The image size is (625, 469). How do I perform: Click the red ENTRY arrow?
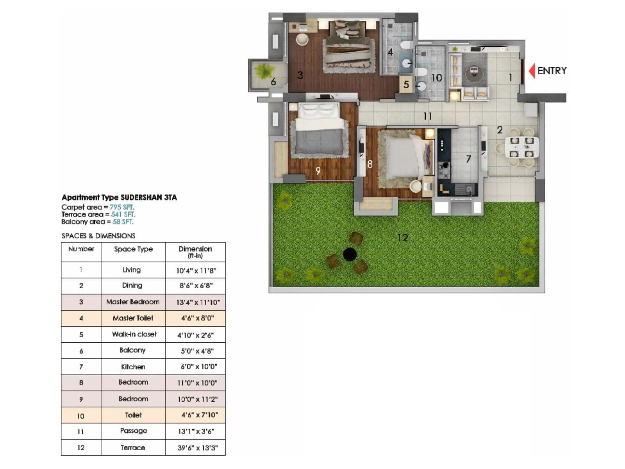[532, 71]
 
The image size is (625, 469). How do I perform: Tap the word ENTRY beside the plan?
[552, 71]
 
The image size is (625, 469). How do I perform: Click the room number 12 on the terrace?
[402, 238]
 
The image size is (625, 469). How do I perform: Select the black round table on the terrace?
[350, 254]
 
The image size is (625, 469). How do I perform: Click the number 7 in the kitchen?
[468, 159]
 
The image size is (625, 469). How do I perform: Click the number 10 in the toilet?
[436, 78]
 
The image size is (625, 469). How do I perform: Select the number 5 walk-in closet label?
[406, 84]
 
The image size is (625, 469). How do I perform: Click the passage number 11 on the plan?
[427, 116]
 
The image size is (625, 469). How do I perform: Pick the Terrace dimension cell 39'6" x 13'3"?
[198, 448]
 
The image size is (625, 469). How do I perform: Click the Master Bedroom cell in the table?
[133, 302]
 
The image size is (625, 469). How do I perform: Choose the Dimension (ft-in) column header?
[195, 252]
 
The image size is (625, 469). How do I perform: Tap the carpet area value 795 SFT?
[121, 207]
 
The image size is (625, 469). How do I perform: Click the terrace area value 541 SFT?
[123, 214]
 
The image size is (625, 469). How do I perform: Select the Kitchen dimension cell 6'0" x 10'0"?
[198, 367]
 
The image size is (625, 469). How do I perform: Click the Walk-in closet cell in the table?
[134, 334]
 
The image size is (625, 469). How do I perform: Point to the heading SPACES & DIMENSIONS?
[98, 236]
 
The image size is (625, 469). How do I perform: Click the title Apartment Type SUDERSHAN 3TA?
[119, 197]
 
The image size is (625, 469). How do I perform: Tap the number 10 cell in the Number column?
[80, 416]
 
